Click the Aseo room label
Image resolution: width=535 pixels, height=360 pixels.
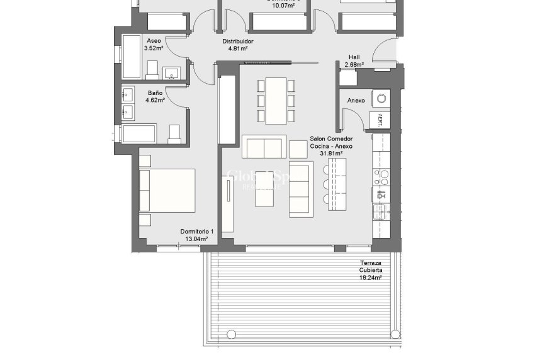pyautogui.click(x=154, y=43)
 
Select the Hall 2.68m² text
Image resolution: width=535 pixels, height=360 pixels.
pyautogui.click(x=354, y=60)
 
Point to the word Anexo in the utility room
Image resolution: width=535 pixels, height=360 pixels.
pyautogui.click(x=356, y=101)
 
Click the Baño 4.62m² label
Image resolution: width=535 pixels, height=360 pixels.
pyautogui.click(x=155, y=96)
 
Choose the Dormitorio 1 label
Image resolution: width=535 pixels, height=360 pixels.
pyautogui.click(x=197, y=235)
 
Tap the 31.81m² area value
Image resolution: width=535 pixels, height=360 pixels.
pyautogui.click(x=331, y=153)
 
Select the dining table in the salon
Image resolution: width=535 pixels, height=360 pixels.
pyautogui.click(x=276, y=101)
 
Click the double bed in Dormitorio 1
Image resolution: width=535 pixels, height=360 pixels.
pyautogui.click(x=167, y=190)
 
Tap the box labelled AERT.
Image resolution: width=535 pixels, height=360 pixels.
pyautogui.click(x=380, y=119)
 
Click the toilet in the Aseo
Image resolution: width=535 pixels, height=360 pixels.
pyautogui.click(x=152, y=69)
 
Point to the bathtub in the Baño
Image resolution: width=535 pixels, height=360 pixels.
pyautogui.click(x=138, y=133)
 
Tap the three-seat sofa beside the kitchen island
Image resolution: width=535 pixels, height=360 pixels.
pyautogui.click(x=301, y=189)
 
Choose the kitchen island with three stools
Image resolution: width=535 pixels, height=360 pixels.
pyautogui.click(x=336, y=183)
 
